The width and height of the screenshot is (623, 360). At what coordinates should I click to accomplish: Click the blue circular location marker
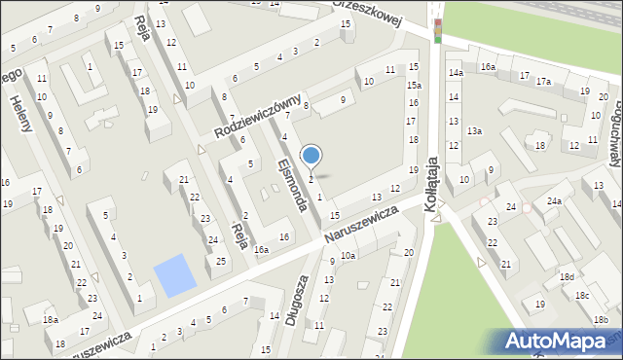pyautogui.click(x=311, y=154)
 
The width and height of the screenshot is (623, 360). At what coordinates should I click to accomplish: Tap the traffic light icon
pyautogui.click(x=437, y=30)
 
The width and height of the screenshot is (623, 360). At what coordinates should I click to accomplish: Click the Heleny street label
pyautogui.click(x=20, y=113)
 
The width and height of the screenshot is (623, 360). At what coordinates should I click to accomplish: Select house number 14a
pyautogui.click(x=455, y=73)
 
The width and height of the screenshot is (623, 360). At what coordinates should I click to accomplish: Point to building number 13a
pyautogui.click(x=474, y=130)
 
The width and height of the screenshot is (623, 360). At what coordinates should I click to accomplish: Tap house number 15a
pyautogui.click(x=414, y=86)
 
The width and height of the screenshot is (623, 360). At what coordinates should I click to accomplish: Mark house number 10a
pyautogui.click(x=348, y=255)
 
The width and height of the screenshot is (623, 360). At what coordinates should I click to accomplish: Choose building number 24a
pyautogui.click(x=554, y=201)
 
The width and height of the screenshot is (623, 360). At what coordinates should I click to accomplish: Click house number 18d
pyautogui.click(x=567, y=277)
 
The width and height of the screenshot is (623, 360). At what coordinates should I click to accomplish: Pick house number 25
pyautogui.click(x=222, y=262)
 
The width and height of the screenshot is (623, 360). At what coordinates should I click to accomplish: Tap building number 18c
pyautogui.click(x=581, y=295)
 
